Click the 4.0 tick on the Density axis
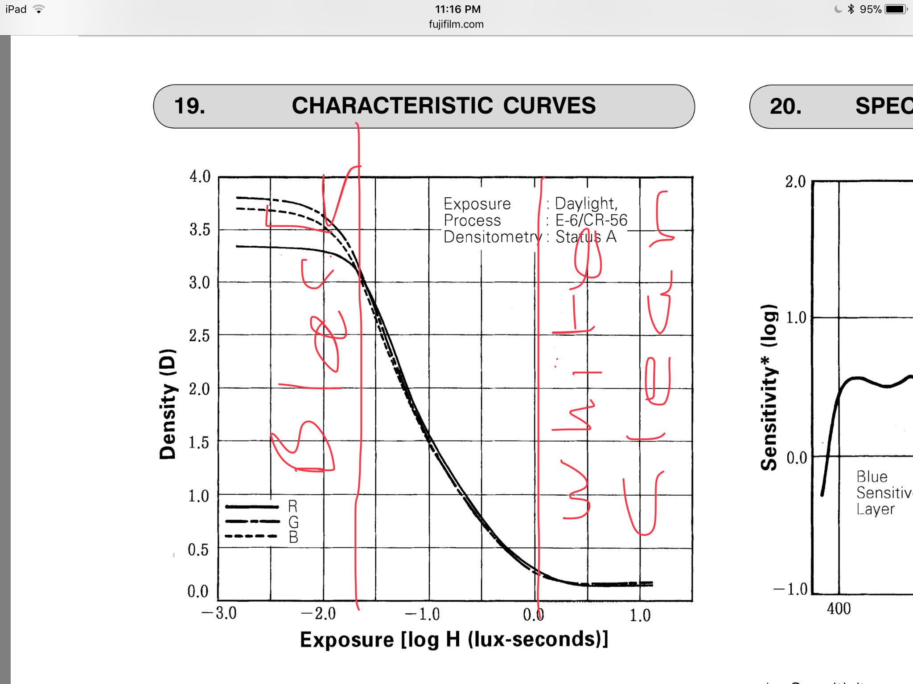point(200,176)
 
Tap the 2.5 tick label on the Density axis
point(199,336)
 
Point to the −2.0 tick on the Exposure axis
point(318,614)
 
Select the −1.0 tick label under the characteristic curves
point(422,614)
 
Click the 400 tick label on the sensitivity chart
point(839,609)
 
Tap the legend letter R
point(293,506)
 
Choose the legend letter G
point(293,522)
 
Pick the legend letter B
point(293,537)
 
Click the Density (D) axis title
point(168,404)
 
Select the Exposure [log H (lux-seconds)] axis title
point(454,640)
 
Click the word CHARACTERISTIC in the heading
point(392,106)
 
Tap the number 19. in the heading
point(189,106)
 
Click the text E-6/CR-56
point(591,220)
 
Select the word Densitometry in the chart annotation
point(492,237)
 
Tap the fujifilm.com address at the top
point(456,24)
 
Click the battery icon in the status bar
point(896,9)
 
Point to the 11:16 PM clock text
point(457,9)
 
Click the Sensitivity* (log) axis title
point(769,387)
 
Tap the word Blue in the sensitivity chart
point(872,476)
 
